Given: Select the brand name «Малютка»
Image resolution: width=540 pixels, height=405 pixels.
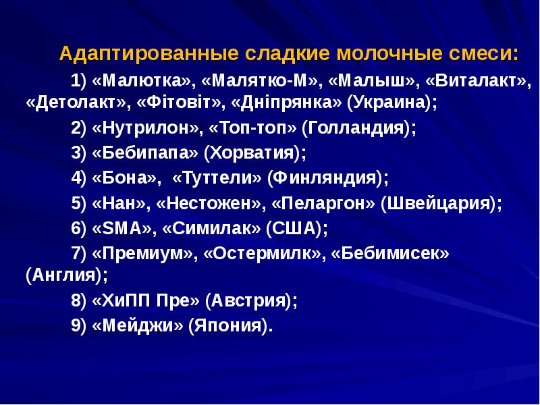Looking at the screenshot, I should pos(142,81).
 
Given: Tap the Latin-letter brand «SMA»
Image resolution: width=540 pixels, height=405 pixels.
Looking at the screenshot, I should pos(122,228).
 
